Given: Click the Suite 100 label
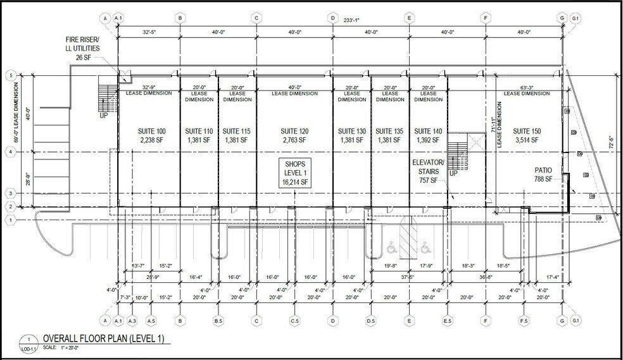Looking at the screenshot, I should click(151, 131).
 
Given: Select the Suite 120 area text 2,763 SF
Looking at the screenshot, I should click(294, 140).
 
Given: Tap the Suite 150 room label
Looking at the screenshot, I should click(527, 131).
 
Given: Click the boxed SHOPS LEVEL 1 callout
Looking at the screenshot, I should click(294, 173).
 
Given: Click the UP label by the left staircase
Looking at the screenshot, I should click(103, 116).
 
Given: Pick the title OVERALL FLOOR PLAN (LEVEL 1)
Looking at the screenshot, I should click(103, 339).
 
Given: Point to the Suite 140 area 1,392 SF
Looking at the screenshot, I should click(428, 140).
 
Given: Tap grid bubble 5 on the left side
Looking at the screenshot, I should click(10, 75).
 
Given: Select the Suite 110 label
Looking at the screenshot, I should click(199, 131).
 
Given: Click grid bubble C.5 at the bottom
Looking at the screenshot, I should click(294, 321).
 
